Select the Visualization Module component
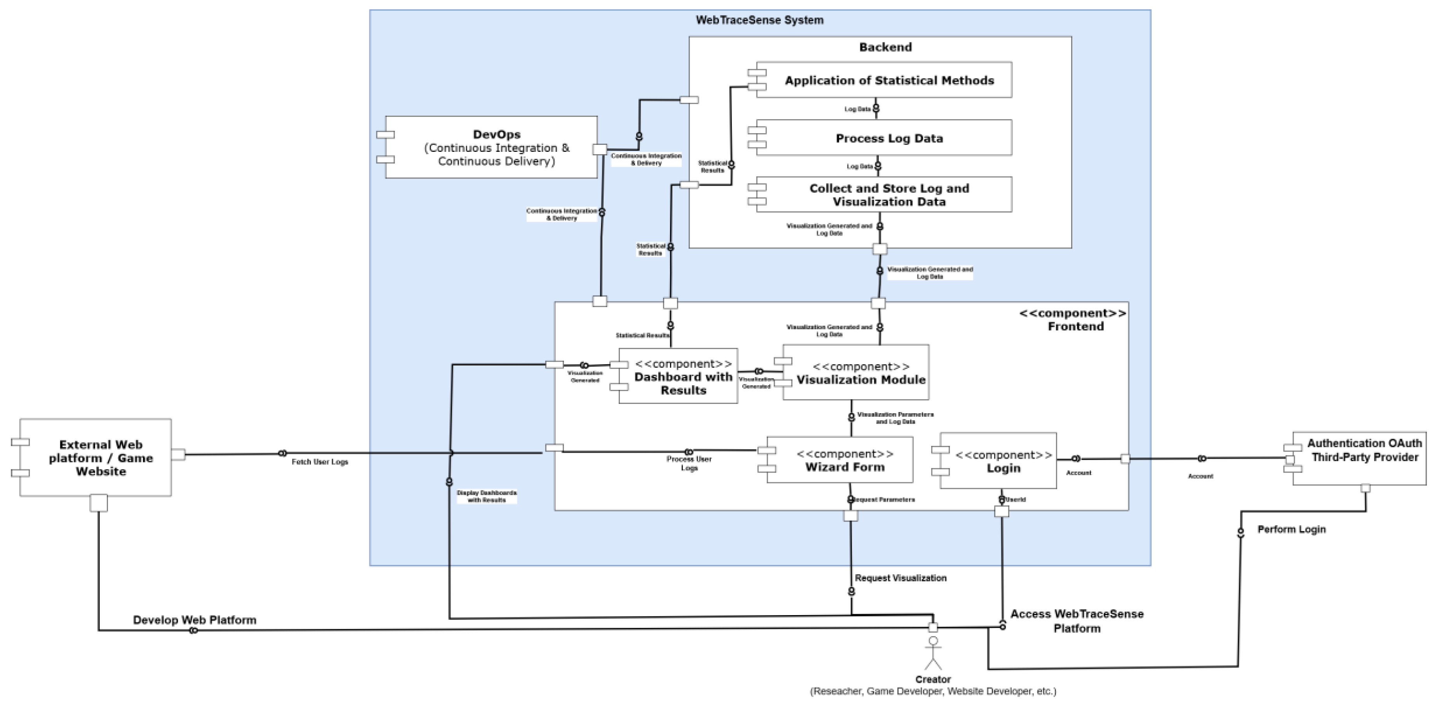coord(860,372)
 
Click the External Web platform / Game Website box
coord(101,457)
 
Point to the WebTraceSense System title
coord(759,20)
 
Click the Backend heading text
coord(885,47)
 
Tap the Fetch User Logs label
coord(320,462)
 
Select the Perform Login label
coord(1291,529)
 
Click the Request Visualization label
coord(900,578)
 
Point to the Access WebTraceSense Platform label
coord(1076,621)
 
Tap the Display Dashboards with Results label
coord(486,496)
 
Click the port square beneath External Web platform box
coord(99,503)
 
